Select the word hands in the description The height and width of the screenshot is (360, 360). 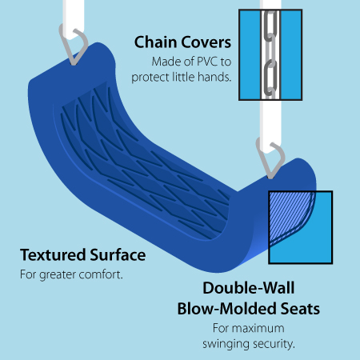(x=214, y=77)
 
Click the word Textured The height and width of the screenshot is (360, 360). (x=53, y=254)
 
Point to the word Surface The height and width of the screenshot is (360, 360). (x=118, y=254)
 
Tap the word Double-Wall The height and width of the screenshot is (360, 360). (x=249, y=288)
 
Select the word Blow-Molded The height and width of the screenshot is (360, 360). (x=227, y=309)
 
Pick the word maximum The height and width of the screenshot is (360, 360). (x=258, y=328)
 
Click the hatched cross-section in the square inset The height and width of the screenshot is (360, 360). (x=287, y=214)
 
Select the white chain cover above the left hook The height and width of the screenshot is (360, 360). (x=74, y=18)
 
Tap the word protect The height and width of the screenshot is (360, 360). (x=150, y=78)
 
